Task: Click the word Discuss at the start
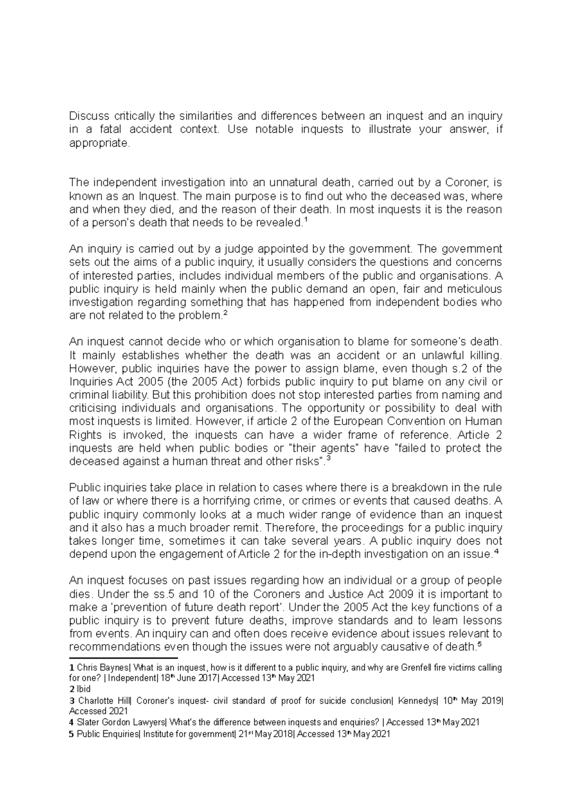pos(86,116)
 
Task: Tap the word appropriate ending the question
pos(99,143)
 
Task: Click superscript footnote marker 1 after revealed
pos(306,220)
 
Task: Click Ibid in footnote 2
pos(84,689)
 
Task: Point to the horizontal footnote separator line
pos(123,658)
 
